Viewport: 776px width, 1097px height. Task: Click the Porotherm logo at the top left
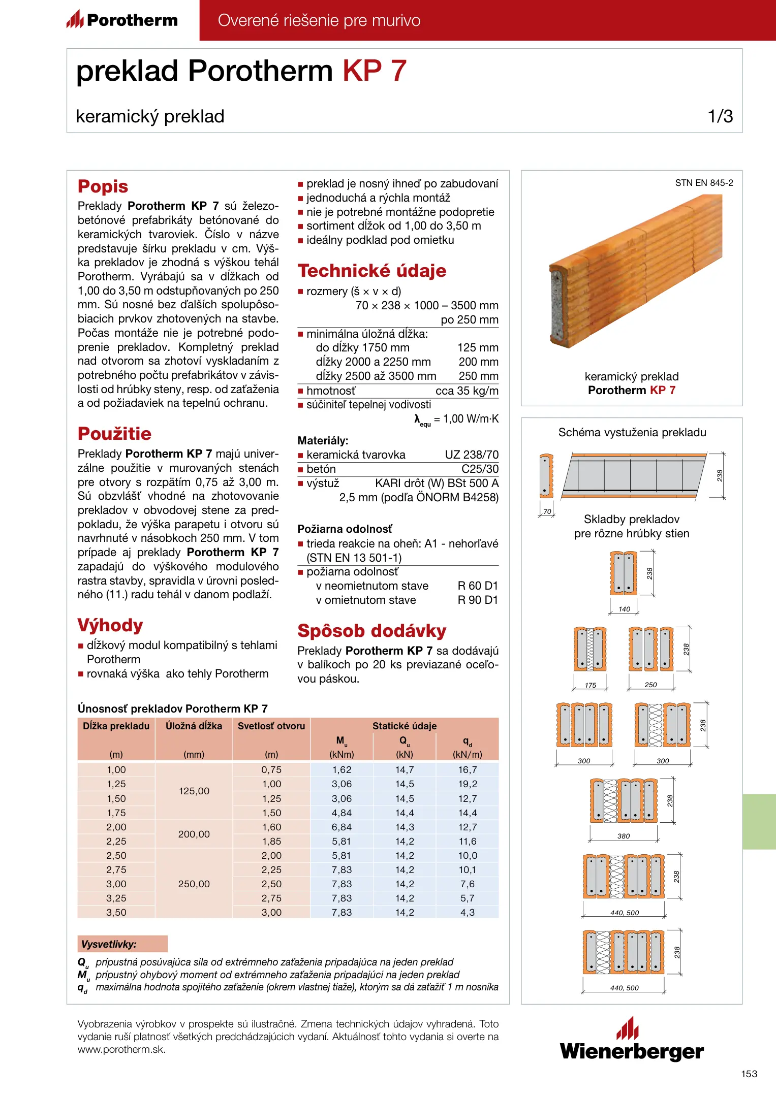[122, 20]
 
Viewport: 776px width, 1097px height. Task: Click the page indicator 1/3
[720, 116]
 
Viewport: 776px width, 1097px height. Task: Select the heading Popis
[103, 186]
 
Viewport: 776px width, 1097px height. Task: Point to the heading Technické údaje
[371, 271]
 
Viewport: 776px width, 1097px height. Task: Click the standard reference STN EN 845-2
[704, 183]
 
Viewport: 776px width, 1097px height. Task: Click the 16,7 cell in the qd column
[468, 770]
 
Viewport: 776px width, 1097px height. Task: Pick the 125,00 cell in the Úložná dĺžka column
[194, 791]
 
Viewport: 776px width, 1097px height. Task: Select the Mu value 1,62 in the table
[342, 770]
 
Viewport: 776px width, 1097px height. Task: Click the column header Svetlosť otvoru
[271, 726]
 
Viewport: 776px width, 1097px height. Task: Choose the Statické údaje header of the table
[405, 726]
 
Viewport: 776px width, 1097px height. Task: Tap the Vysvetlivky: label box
[122, 944]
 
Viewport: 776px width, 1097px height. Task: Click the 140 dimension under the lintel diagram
[624, 609]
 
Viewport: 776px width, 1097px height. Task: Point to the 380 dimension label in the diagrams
[624, 836]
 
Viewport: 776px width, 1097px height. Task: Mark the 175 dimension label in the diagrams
[590, 685]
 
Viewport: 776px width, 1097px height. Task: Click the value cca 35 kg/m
[467, 391]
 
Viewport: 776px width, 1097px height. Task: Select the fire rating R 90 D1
[478, 600]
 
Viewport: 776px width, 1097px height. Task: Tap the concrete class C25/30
[480, 469]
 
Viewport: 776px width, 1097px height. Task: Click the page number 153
[749, 1074]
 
